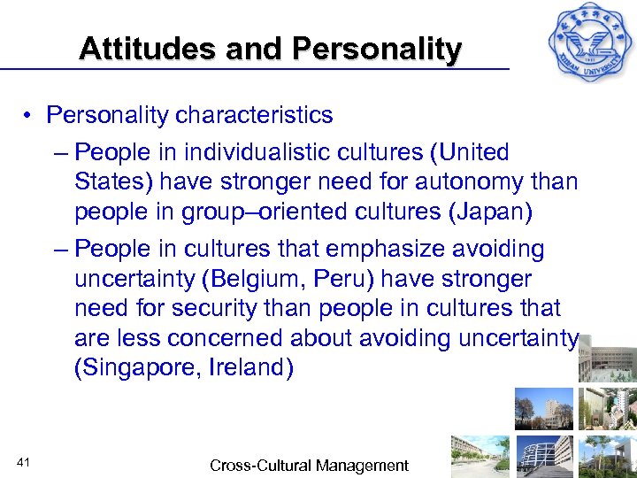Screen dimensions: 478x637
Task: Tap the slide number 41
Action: pos(24,461)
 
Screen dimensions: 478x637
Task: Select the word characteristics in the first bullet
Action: pos(254,116)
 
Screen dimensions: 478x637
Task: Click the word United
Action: pos(470,153)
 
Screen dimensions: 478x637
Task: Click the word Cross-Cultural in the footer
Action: pos(257,466)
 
